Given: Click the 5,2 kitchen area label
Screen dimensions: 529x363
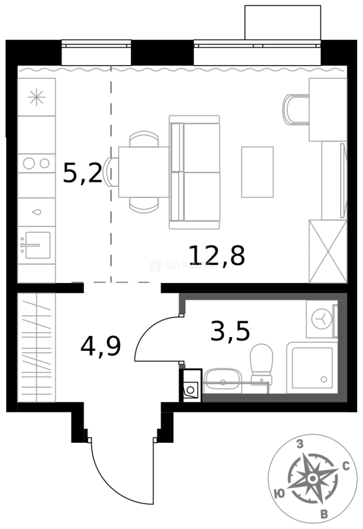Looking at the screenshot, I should point(82,173).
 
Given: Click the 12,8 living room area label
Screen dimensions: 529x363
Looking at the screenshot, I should point(216,255).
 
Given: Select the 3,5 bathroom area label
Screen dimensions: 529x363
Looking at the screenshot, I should point(230,332).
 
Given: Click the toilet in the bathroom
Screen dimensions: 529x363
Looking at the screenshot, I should point(260,361).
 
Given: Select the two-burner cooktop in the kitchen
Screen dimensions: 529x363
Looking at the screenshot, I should point(36,163).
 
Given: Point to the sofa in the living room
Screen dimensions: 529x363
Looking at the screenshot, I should point(195,172).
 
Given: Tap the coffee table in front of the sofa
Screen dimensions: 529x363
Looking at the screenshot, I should point(257,172).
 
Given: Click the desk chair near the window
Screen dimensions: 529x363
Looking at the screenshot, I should point(294,109).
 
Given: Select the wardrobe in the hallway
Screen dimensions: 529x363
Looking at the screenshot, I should point(36,347).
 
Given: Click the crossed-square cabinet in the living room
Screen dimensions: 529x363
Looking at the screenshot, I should point(328,251).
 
